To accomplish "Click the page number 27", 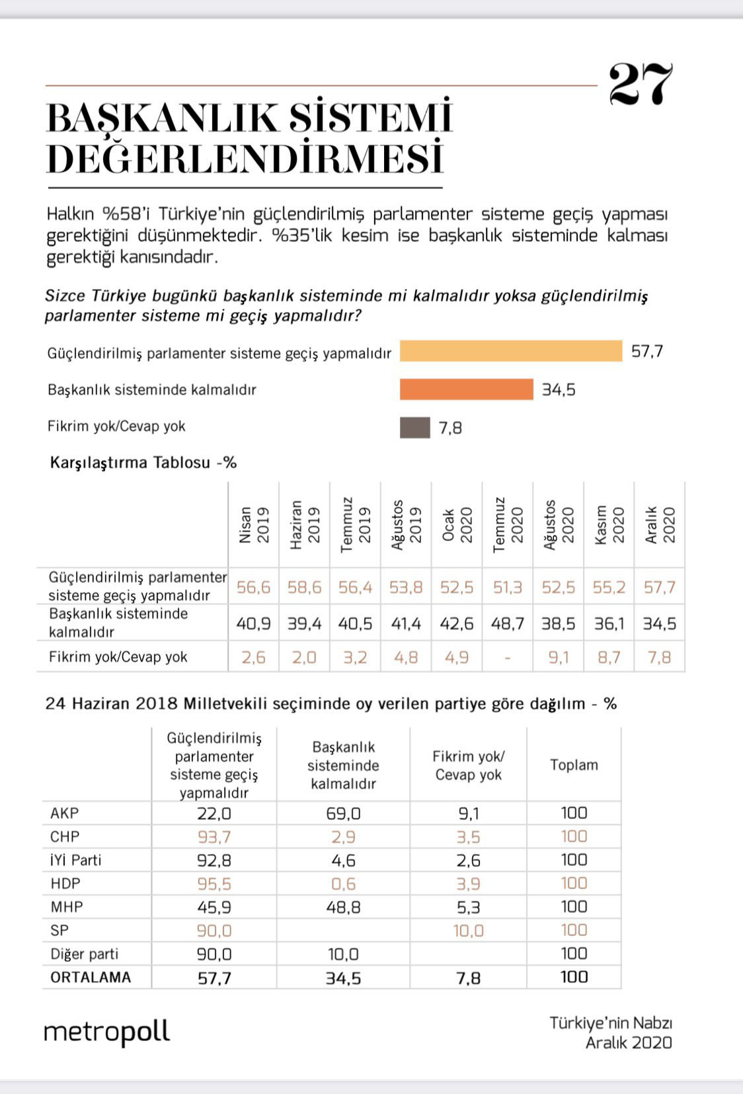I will (x=640, y=85).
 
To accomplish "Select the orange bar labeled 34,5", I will (x=466, y=389).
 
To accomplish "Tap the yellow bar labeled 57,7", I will (x=511, y=351).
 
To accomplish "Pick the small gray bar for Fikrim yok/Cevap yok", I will (x=414, y=428).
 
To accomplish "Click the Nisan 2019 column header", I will (x=253, y=525).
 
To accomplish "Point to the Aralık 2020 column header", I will (x=660, y=525).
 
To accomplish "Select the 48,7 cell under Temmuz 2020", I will (x=508, y=623).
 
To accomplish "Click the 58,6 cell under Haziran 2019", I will (x=304, y=588).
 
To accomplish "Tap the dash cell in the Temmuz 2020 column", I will (x=508, y=658).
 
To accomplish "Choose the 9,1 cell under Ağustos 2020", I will (x=559, y=658).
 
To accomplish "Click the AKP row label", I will (x=64, y=813).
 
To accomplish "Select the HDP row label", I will (x=65, y=883).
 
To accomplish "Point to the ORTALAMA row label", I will (x=91, y=977).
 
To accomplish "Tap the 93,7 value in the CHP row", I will (x=214, y=837).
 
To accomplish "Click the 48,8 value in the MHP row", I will (x=343, y=907).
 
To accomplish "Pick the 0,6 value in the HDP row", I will (x=343, y=884).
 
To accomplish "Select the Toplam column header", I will (x=574, y=765).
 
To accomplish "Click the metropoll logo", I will (x=106, y=1032).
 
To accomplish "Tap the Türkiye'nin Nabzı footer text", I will (x=610, y=1023).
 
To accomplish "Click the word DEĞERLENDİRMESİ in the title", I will (x=245, y=159).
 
